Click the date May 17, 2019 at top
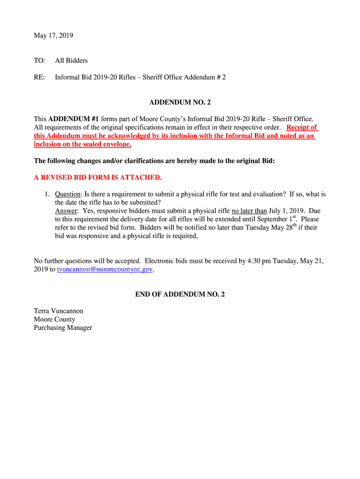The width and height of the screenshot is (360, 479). [x=53, y=36]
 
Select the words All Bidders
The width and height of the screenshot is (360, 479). [x=71, y=60]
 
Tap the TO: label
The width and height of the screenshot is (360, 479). [x=39, y=60]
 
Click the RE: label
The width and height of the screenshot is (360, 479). [x=39, y=77]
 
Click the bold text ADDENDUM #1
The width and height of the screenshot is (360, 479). [x=71, y=119]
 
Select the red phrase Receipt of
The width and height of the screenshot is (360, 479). [x=302, y=127]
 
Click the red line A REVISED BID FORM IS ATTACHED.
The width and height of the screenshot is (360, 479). [x=98, y=177]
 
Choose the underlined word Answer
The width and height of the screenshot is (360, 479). [x=66, y=211]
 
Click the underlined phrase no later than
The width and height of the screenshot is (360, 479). [x=249, y=211]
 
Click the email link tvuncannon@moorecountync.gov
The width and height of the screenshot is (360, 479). [x=105, y=269]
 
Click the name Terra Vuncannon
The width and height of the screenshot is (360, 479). [x=58, y=311]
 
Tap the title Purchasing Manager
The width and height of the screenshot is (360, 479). [x=63, y=327]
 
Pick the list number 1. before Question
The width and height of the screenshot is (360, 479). [x=47, y=194]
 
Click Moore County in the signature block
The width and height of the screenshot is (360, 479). [x=54, y=319]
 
